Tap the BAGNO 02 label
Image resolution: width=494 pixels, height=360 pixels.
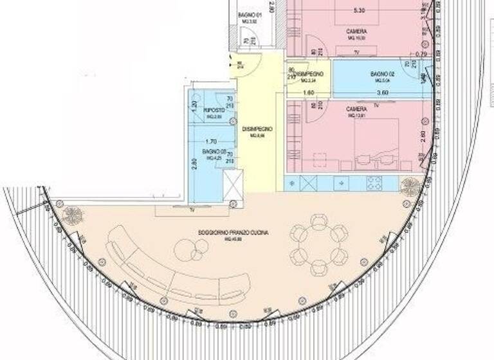(382, 75)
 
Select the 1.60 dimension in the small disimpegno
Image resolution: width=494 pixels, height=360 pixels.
(308, 92)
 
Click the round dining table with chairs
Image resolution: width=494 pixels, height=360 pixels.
(316, 244)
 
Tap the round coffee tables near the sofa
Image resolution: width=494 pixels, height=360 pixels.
(187, 248)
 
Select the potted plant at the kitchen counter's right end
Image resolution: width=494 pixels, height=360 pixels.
(409, 186)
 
